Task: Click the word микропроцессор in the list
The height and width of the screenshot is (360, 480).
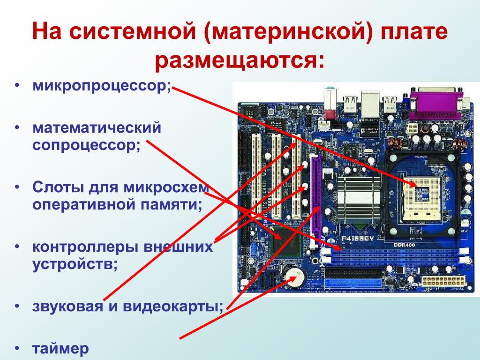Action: (x=100, y=86)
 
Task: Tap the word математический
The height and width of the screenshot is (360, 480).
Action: (x=97, y=127)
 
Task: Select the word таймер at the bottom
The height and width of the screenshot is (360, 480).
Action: (x=60, y=349)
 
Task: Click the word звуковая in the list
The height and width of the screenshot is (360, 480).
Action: (x=67, y=307)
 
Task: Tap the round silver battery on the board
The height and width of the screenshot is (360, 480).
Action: (x=295, y=277)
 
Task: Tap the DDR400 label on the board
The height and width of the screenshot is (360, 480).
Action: (x=405, y=245)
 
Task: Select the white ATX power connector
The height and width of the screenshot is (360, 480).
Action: (x=443, y=281)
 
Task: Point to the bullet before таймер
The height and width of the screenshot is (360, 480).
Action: (x=17, y=348)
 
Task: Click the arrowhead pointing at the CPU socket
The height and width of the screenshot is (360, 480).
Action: (x=413, y=184)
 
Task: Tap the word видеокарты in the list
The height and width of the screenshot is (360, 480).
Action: (x=172, y=307)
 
